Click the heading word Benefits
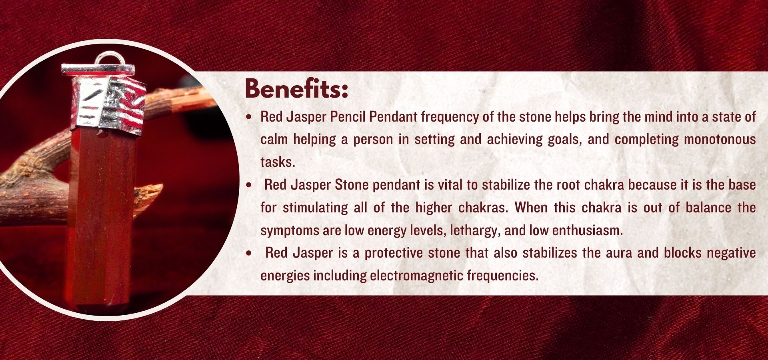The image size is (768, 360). coord(296,88)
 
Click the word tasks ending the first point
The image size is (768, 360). coord(277,162)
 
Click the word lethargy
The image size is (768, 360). coord(475,230)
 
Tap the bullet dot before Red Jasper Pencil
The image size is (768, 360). coord(250,117)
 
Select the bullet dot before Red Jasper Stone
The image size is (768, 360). coord(250,185)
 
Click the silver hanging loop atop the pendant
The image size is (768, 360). coord(108,60)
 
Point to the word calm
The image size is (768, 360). coord(274,139)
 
